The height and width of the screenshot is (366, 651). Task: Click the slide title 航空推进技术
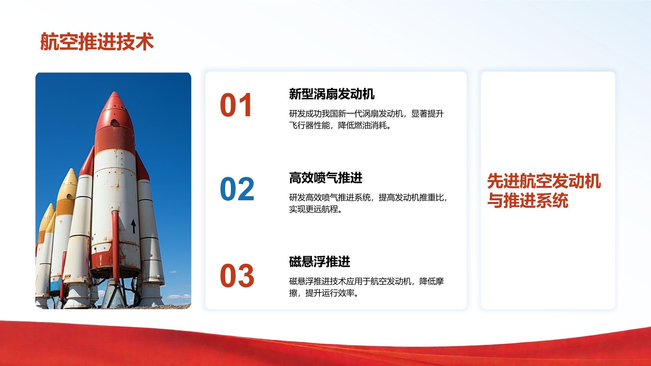tap(97, 42)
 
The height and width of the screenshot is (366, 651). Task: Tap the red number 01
tap(236, 105)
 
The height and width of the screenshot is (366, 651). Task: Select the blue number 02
tap(237, 189)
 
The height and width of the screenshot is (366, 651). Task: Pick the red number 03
tap(237, 276)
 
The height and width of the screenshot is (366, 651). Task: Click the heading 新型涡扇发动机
tap(332, 94)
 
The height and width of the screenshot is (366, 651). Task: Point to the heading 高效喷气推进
tap(325, 178)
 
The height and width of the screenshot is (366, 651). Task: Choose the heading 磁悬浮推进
tap(319, 261)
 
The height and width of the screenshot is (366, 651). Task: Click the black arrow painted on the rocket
tap(134, 226)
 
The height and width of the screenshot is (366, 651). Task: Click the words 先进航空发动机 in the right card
tap(544, 181)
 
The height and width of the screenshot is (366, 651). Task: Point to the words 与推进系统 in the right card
tap(528, 200)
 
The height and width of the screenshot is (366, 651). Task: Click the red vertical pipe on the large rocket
tap(115, 247)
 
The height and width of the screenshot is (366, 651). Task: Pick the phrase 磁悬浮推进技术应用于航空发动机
tap(350, 281)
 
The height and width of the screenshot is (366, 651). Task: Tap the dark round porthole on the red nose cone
tap(115, 122)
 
